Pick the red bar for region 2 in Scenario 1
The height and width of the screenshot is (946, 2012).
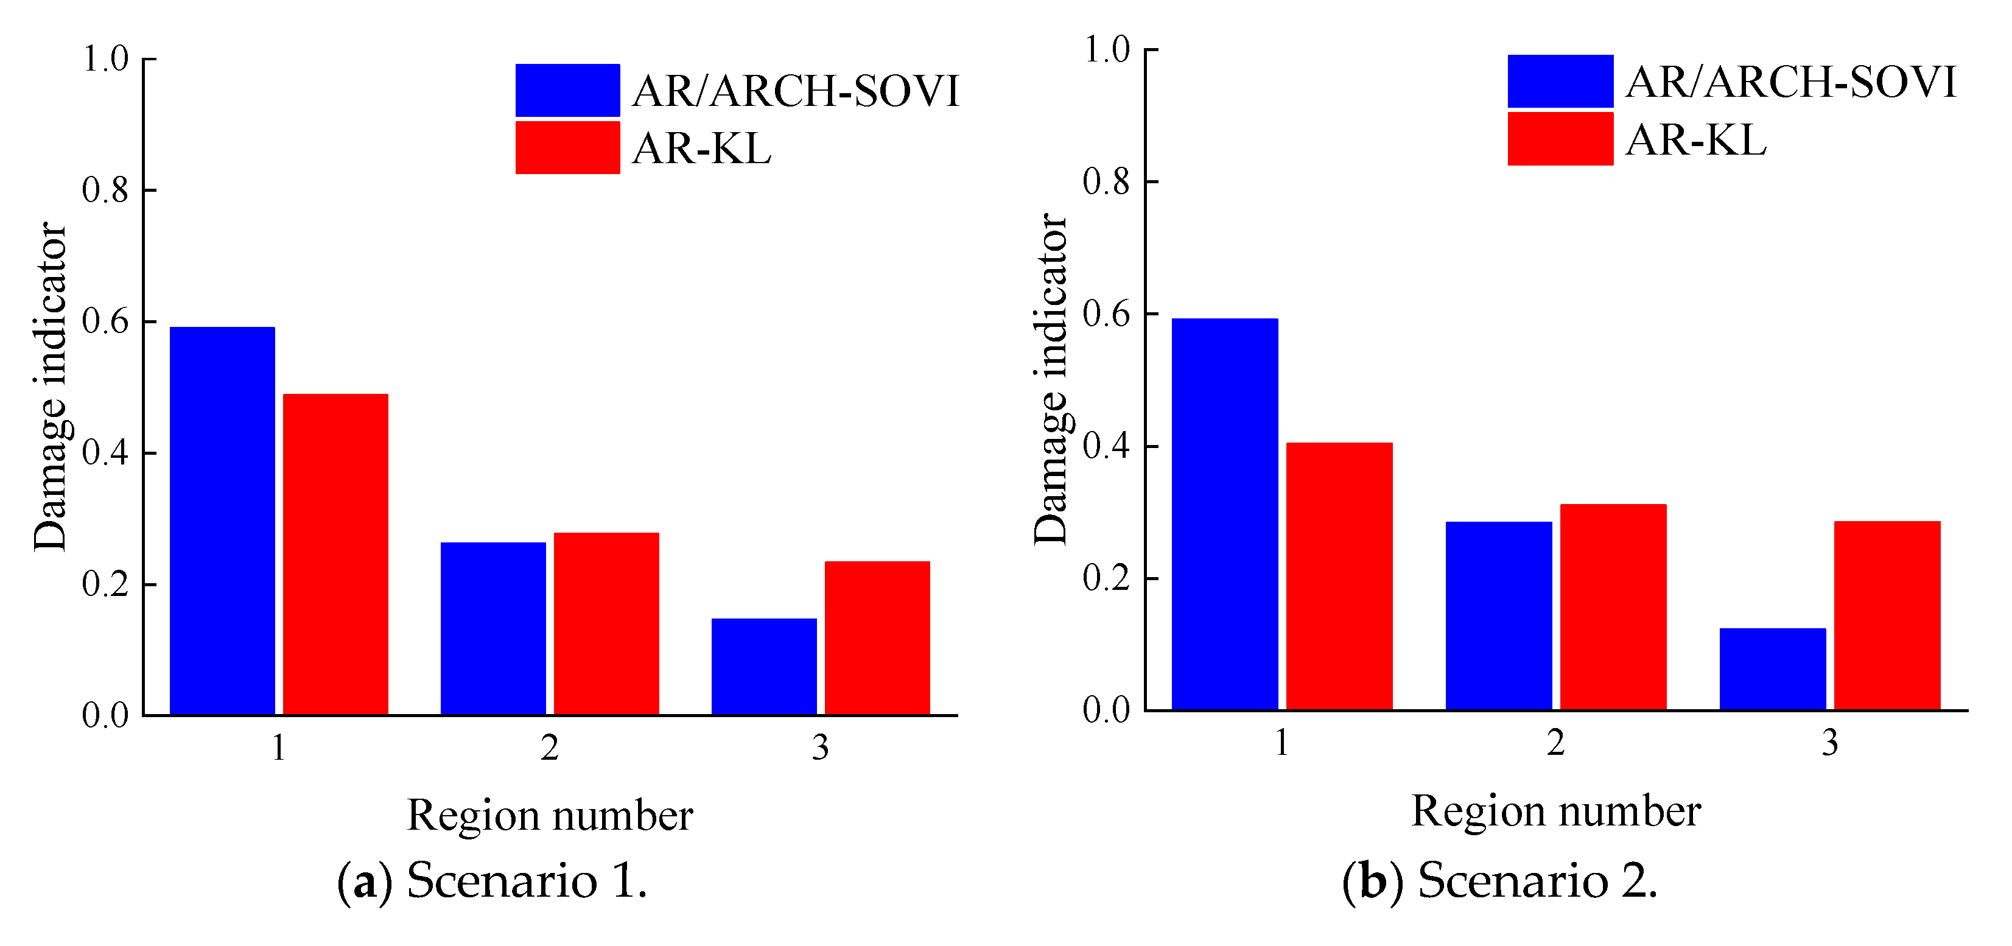click(x=606, y=623)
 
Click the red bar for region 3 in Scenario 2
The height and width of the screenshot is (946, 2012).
click(x=1887, y=615)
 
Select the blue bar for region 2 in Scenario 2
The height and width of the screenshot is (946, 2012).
click(x=1498, y=615)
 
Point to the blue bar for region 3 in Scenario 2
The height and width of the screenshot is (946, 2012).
click(x=1772, y=668)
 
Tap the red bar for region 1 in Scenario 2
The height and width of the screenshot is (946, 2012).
click(x=1339, y=576)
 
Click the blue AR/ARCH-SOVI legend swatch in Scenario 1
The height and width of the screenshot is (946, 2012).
click(x=567, y=90)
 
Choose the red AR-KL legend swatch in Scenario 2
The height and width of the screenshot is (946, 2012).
click(x=1560, y=138)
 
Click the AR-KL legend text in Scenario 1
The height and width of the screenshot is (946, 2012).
click(x=701, y=148)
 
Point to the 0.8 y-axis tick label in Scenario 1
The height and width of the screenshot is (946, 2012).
click(x=105, y=190)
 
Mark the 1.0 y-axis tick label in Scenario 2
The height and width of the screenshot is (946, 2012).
click(x=1107, y=49)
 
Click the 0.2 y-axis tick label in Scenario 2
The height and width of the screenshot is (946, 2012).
click(x=1107, y=578)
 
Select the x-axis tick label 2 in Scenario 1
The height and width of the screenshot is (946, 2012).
click(x=550, y=748)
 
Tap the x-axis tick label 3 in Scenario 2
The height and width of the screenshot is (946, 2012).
click(x=1830, y=742)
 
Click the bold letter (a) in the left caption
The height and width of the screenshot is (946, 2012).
click(x=364, y=881)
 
